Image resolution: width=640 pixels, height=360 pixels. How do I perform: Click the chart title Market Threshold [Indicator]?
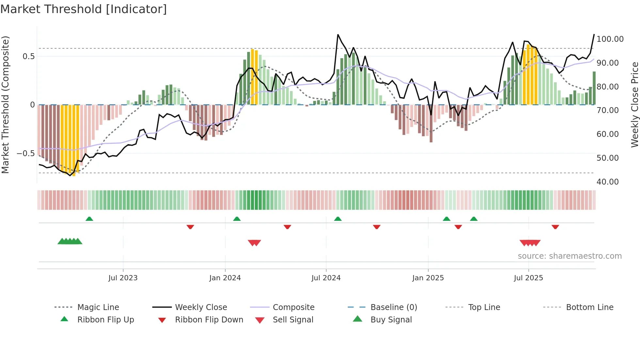[84, 9]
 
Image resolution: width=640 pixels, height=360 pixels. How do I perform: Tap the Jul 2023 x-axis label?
[123, 278]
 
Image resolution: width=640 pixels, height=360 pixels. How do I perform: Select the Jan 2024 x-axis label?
[225, 278]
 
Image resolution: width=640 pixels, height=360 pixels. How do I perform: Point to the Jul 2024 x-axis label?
[326, 278]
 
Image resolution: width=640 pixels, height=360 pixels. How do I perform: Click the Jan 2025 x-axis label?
[428, 278]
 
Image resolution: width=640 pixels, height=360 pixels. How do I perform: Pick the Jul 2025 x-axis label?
[528, 278]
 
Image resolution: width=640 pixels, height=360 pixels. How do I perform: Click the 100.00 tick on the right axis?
[610, 39]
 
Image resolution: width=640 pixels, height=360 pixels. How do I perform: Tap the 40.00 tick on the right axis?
[607, 182]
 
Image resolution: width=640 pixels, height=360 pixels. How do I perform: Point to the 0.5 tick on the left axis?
[28, 57]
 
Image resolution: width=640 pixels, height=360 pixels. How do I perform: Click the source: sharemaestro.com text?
[569, 256]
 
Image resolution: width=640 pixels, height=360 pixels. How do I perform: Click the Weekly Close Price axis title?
[634, 105]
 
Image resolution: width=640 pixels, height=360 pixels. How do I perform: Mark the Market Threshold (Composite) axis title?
[5, 105]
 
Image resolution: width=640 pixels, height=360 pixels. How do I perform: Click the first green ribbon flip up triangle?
[89, 219]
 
